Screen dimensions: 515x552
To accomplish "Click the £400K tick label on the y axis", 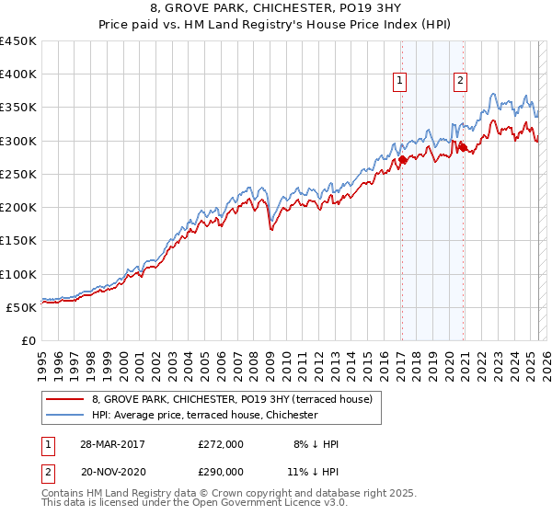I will (18, 74).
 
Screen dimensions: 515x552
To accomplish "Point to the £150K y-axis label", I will (18, 241).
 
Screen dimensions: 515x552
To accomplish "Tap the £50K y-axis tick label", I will (22, 307).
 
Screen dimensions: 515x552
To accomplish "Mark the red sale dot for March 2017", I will (402, 160).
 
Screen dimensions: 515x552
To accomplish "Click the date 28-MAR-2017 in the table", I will (113, 444).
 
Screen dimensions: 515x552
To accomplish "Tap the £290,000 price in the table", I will (221, 471).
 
